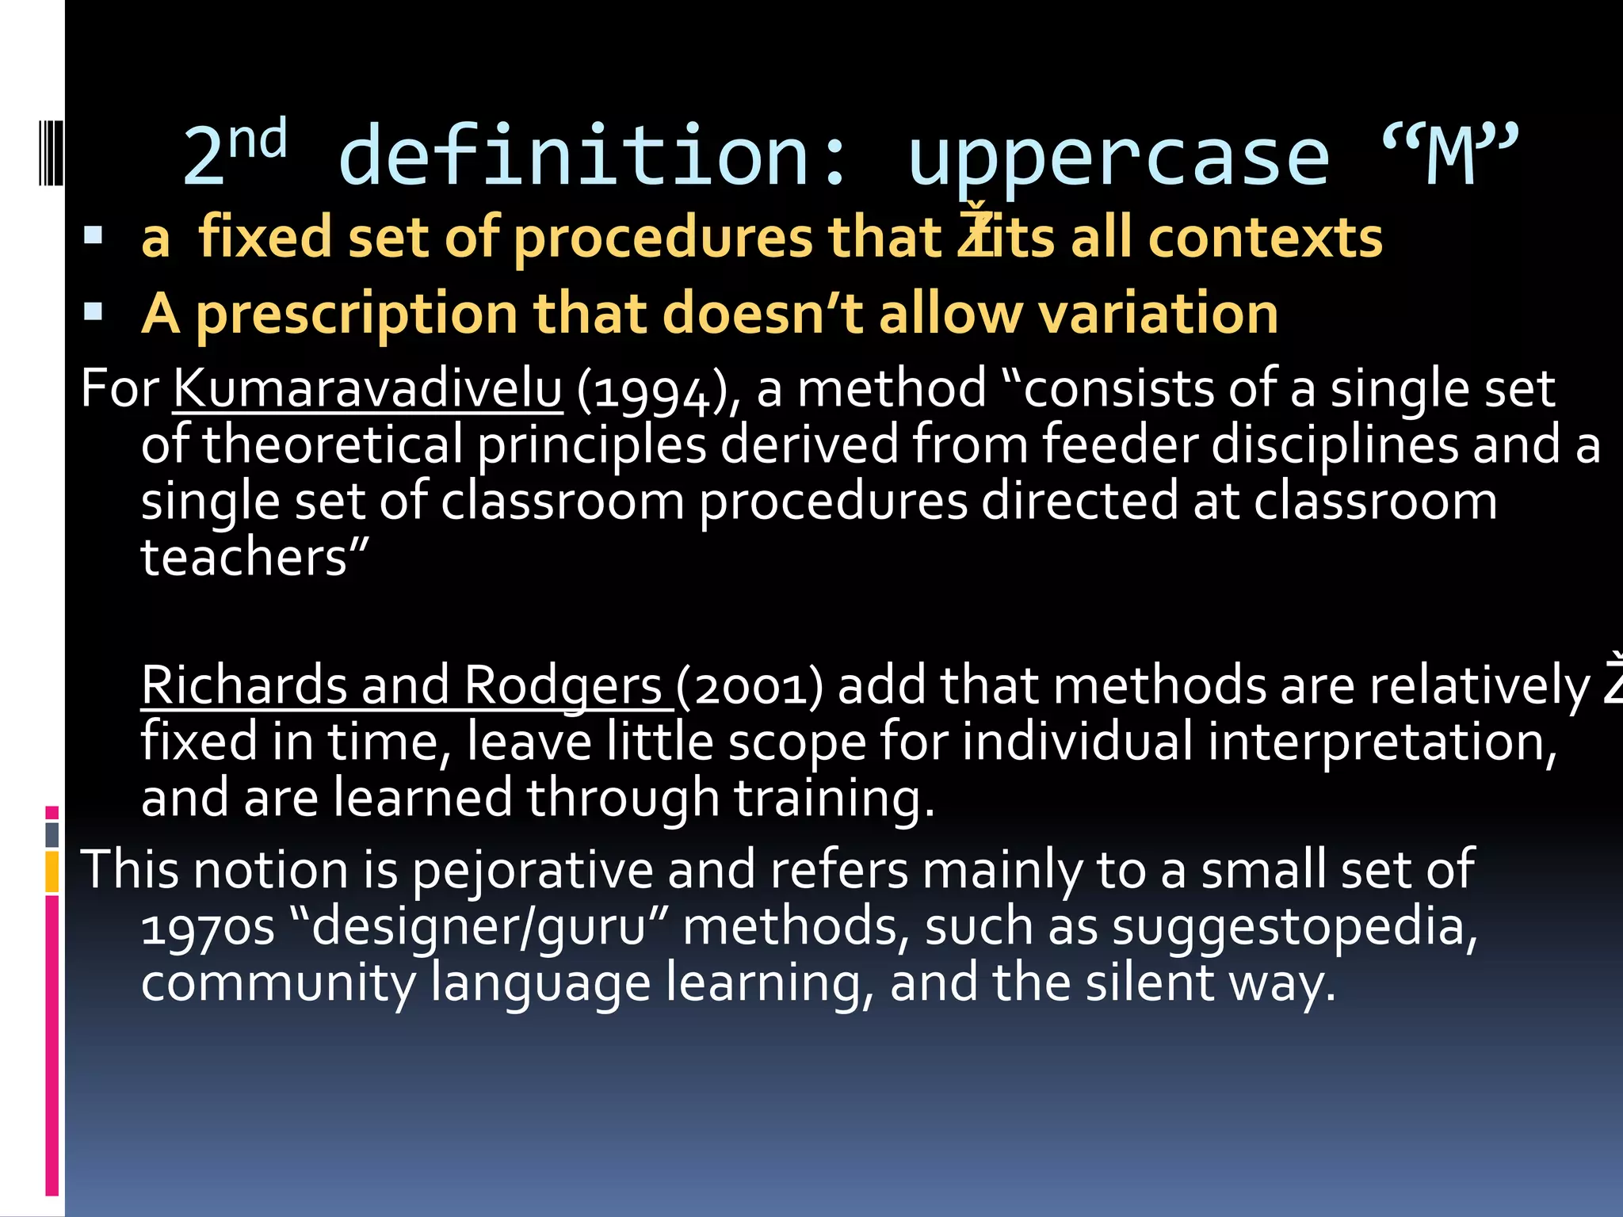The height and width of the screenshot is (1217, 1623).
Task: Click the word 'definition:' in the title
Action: pyautogui.click(x=594, y=157)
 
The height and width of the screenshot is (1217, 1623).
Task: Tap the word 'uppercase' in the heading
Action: pyautogui.click(x=1118, y=158)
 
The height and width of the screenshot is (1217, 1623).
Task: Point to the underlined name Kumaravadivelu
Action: pyautogui.click(x=368, y=389)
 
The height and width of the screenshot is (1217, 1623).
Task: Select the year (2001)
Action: pyautogui.click(x=750, y=686)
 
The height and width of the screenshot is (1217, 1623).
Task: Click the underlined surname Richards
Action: pyautogui.click(x=244, y=685)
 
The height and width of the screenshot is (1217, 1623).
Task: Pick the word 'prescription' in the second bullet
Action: pyautogui.click(x=357, y=315)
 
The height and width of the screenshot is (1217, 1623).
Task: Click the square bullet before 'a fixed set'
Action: pyautogui.click(x=94, y=235)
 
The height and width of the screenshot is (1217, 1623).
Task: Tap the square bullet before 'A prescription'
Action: pyautogui.click(x=94, y=311)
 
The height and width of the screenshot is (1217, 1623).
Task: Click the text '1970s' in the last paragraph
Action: pyautogui.click(x=208, y=927)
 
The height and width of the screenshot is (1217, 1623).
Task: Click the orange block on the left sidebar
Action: pyautogui.click(x=52, y=872)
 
